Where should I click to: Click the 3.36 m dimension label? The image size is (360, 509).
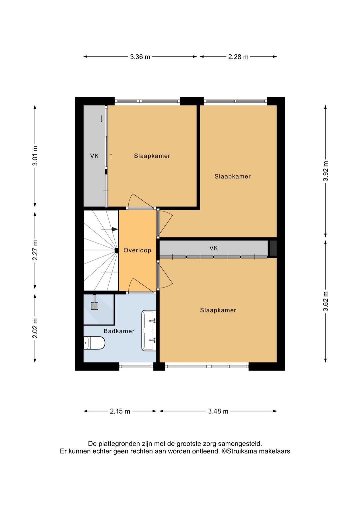point(140,57)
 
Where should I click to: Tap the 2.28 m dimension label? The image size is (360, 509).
point(238,57)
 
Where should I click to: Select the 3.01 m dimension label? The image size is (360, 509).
point(35,156)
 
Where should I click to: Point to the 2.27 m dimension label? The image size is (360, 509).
point(35,250)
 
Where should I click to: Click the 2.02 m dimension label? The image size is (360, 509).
point(35,328)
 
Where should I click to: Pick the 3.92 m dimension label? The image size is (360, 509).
point(326,171)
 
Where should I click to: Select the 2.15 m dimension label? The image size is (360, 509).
point(120,411)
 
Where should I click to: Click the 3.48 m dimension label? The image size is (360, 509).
point(218,411)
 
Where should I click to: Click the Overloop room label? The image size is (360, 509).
point(137,250)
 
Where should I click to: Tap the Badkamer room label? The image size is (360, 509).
point(119,331)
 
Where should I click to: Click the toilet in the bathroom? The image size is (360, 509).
point(94,343)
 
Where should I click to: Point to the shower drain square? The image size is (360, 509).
point(94,306)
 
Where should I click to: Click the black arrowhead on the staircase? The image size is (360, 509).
point(115,229)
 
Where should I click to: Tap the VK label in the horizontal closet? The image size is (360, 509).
point(214,248)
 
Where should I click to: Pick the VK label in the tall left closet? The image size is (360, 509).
point(94,156)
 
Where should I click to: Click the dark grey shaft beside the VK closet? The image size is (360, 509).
point(272,248)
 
